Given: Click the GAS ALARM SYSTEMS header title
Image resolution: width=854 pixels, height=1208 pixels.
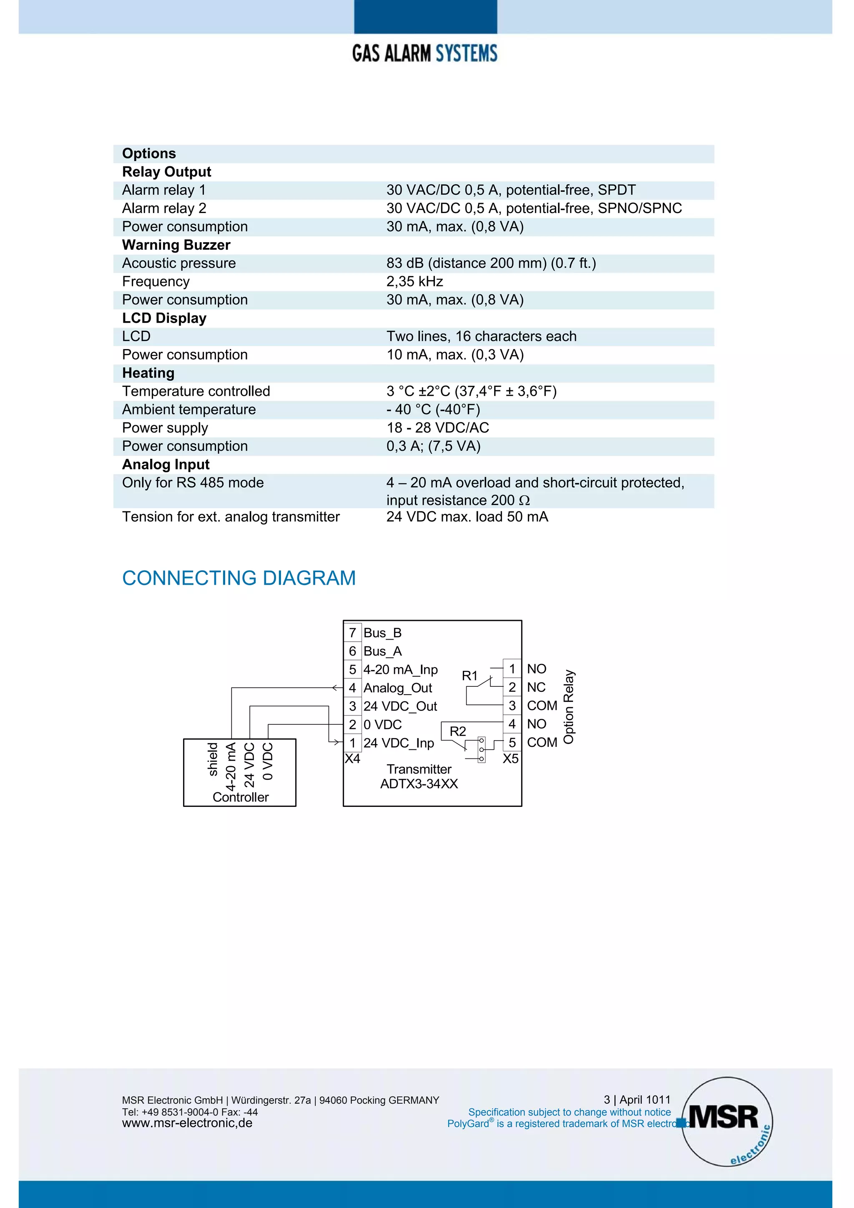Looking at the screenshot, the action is pyautogui.click(x=424, y=53).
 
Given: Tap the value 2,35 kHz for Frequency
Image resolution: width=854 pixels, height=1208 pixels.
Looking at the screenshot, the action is pyautogui.click(x=414, y=281).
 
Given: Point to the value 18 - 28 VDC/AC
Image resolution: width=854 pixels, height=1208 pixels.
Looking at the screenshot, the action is pyautogui.click(x=437, y=428).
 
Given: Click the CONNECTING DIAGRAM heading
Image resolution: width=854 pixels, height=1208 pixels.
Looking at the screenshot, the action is pyautogui.click(x=239, y=578).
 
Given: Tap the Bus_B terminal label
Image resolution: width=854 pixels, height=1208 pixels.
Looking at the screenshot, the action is pyautogui.click(x=382, y=633).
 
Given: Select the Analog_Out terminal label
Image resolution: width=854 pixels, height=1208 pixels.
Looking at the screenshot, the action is pyautogui.click(x=397, y=688).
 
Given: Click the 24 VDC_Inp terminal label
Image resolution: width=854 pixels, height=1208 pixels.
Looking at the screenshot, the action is pyautogui.click(x=398, y=743).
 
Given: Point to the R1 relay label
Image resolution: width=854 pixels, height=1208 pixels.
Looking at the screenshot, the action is pyautogui.click(x=470, y=676).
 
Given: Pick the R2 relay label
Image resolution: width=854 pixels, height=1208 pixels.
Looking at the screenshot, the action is pyautogui.click(x=457, y=731).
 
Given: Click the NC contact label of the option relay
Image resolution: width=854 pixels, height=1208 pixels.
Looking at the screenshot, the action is pyautogui.click(x=536, y=687).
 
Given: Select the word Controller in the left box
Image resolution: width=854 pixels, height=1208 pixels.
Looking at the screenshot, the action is pyautogui.click(x=241, y=797).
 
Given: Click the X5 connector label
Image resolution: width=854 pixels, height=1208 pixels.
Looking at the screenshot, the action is pyautogui.click(x=510, y=758).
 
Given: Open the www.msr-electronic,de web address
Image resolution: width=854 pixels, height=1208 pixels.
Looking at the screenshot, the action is pyautogui.click(x=187, y=1123).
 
